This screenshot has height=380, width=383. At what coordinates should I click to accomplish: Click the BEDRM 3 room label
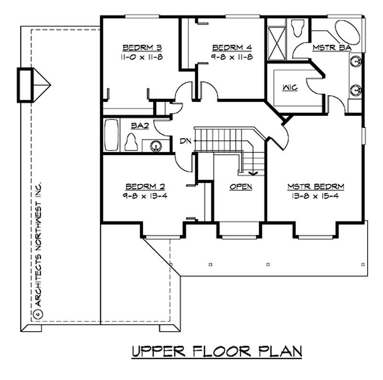click(142, 47)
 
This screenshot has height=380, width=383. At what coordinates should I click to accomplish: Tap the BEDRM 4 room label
click(232, 47)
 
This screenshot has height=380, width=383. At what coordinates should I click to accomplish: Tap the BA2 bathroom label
click(140, 126)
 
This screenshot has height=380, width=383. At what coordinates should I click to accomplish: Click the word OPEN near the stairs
click(240, 187)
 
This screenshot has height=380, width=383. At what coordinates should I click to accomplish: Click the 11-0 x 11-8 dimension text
click(142, 57)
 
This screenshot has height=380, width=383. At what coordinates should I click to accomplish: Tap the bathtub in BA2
click(111, 136)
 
